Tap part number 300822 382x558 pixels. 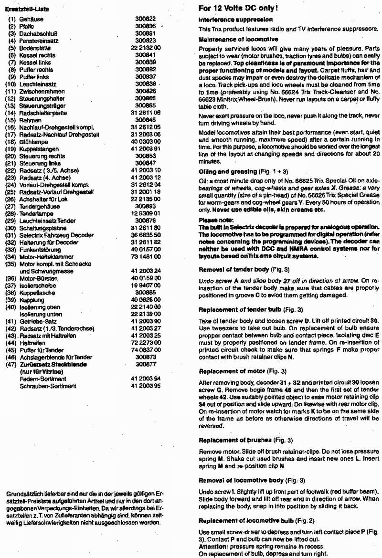point(146,17)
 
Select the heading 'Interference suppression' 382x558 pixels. point(235,20)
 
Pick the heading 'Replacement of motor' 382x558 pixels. point(228,370)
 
